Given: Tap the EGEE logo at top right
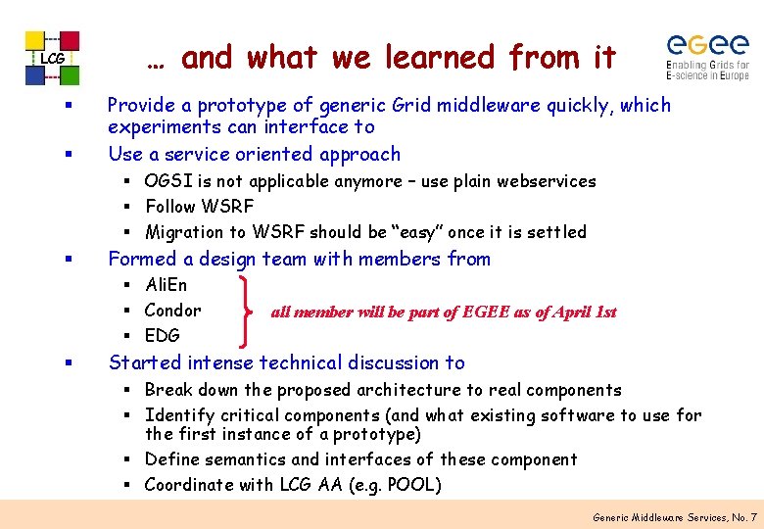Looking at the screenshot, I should (707, 57).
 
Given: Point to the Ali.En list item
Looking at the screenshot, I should (166, 285).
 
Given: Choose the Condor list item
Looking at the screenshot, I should (172, 311).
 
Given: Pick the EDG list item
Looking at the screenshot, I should (163, 336).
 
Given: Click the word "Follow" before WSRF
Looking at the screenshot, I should (170, 207).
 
